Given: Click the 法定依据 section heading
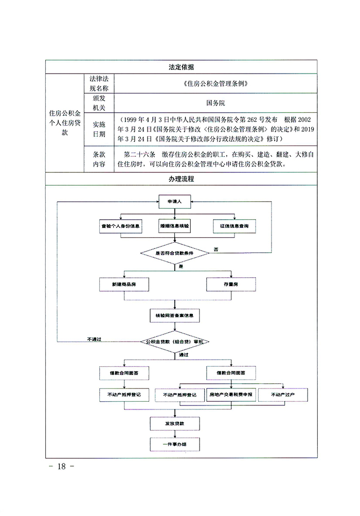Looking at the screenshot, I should coord(181,67).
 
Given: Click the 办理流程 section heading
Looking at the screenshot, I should coord(181,179).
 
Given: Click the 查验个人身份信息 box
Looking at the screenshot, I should coord(121,226).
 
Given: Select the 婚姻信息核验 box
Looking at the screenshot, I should coord(175,226).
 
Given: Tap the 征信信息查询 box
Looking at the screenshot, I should coord(234,226).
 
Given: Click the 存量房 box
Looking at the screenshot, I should coord(228,284).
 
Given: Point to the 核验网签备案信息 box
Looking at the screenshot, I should coord(175,315).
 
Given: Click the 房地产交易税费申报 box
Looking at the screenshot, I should coord(231,395).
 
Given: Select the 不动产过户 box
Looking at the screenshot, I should coord(282,395).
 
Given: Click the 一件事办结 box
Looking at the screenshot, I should coord(175,444).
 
